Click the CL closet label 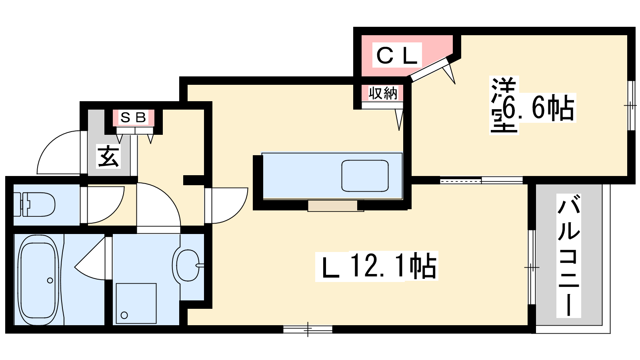[397, 55]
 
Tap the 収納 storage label [382, 93]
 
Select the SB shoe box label [134, 117]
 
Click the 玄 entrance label [108, 156]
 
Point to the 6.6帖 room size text [538, 108]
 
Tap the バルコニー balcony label [568, 255]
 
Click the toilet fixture [34, 204]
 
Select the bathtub [38, 280]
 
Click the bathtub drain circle [50, 280]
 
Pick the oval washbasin [188, 265]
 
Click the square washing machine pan [136, 303]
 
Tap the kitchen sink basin [365, 176]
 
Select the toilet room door [102, 205]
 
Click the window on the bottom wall [308, 330]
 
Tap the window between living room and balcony [532, 268]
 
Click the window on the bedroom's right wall [631, 106]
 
